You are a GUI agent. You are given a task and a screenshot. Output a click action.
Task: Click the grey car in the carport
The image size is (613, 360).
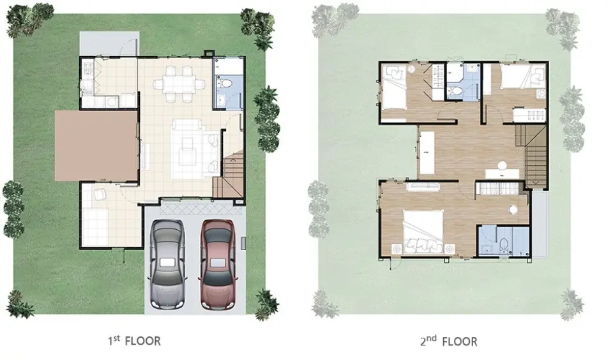(167, 264)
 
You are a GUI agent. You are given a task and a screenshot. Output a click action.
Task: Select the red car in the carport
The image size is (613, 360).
(218, 264)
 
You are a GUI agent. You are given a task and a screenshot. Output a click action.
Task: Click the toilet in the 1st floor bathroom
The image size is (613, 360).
(226, 83)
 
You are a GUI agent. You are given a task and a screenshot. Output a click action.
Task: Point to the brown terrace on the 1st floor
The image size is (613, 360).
(96, 146)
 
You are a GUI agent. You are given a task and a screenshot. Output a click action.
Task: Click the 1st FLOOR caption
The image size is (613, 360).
(134, 340)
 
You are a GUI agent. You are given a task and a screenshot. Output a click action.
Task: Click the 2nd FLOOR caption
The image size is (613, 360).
(449, 341)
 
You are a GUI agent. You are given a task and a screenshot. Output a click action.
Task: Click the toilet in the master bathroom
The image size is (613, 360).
(504, 244)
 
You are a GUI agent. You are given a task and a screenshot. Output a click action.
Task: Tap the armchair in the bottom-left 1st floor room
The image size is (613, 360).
(100, 194)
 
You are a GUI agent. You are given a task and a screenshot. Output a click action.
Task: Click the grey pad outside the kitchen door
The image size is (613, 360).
(109, 43)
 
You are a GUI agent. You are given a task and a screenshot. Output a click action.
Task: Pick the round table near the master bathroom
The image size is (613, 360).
(513, 209)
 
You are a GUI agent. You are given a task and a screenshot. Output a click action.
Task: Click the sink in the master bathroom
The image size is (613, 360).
(485, 249)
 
